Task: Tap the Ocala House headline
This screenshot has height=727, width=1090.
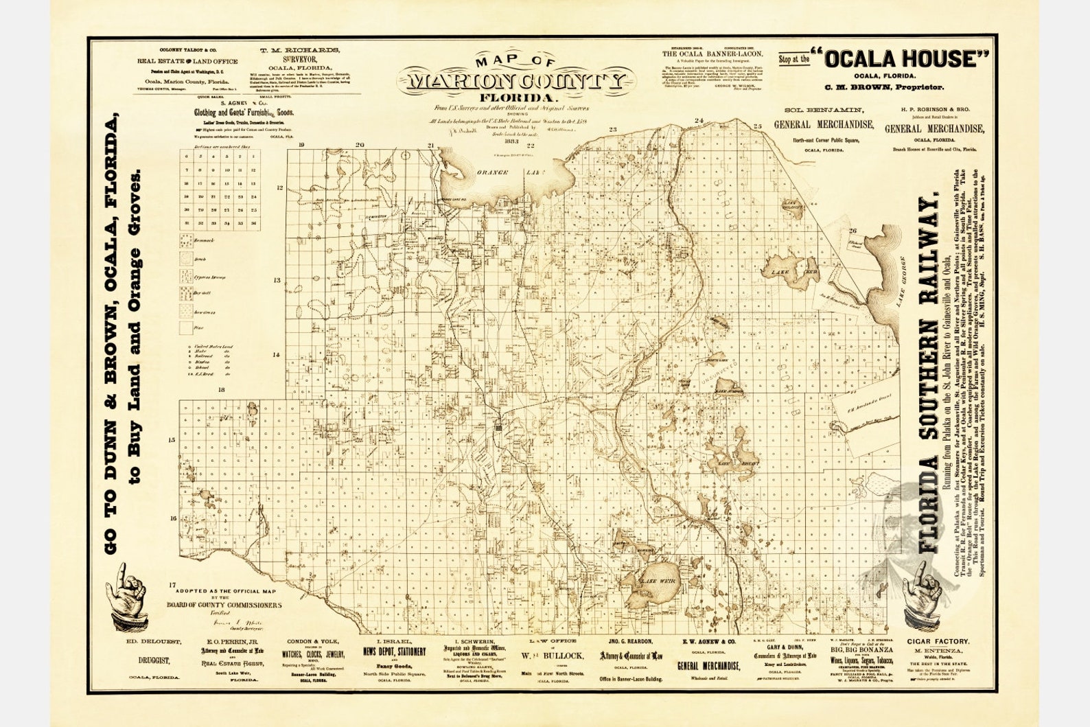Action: click(899, 60)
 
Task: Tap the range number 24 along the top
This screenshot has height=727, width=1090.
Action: click(699, 122)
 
